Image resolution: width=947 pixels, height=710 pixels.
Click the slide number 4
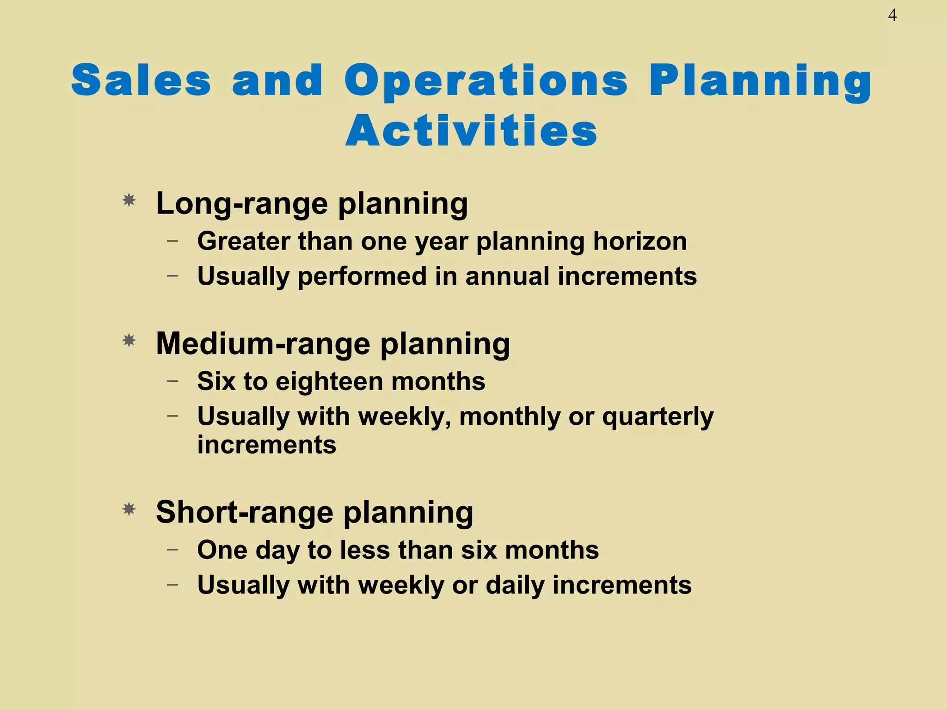892,16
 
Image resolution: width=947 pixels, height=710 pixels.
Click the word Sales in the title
141,80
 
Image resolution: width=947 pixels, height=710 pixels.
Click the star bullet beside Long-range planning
129,201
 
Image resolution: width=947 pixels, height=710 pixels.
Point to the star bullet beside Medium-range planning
129,341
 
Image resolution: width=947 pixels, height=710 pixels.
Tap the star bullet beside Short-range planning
129,509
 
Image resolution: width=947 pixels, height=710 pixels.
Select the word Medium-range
263,344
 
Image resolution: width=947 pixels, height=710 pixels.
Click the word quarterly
658,417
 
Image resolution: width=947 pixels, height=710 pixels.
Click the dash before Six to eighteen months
172,381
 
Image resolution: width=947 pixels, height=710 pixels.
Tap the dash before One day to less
172,550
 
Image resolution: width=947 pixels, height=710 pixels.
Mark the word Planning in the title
761,81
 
